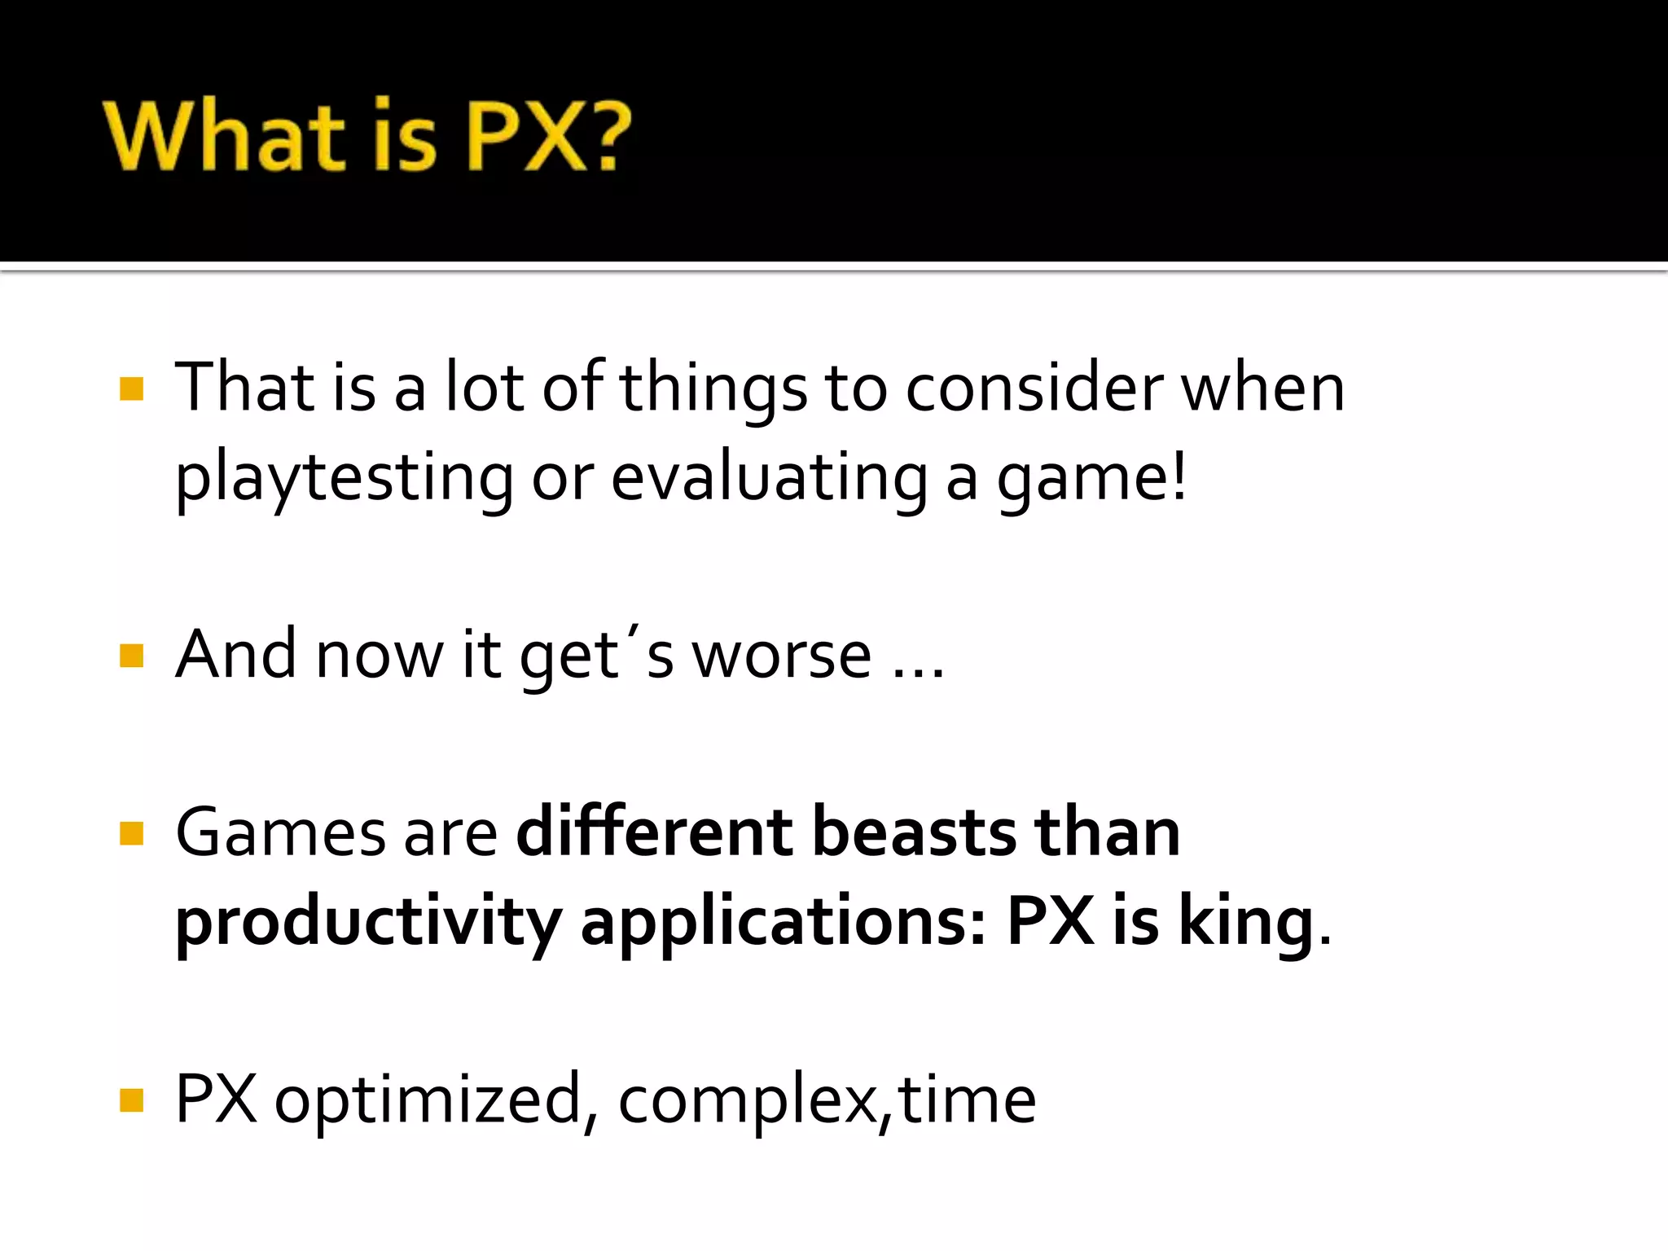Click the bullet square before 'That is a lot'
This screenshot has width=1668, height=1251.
click(131, 388)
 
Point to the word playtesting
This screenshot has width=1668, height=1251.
click(344, 479)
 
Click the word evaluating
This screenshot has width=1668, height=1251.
click(769, 479)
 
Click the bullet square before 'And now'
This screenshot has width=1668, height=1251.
click(131, 656)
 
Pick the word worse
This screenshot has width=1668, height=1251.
click(782, 656)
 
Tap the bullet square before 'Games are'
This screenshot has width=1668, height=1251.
click(131, 833)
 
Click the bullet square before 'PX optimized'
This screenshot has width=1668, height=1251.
click(131, 1100)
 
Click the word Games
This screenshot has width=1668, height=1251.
click(280, 833)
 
